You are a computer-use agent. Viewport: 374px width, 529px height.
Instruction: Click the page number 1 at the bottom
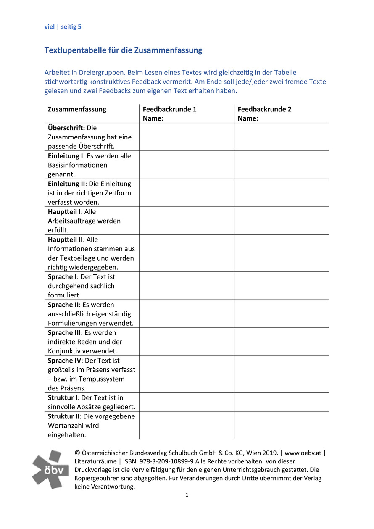click(187, 495)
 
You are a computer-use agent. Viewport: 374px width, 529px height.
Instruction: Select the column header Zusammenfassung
click(77, 109)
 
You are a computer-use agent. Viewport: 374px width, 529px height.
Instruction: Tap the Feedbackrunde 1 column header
click(170, 109)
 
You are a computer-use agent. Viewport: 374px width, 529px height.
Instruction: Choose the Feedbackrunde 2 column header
click(265, 109)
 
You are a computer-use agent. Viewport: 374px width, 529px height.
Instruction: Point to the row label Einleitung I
click(66, 156)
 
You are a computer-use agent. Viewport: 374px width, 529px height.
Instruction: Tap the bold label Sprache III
click(64, 333)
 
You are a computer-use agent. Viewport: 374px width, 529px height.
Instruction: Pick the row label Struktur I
click(63, 397)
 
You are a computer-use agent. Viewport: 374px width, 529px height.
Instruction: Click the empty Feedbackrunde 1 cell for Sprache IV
click(187, 374)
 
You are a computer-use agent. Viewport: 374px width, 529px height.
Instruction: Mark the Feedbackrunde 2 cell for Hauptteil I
click(282, 221)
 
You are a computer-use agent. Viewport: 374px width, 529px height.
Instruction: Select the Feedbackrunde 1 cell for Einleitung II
click(187, 193)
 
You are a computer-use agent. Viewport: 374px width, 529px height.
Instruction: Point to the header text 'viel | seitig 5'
click(63, 27)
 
